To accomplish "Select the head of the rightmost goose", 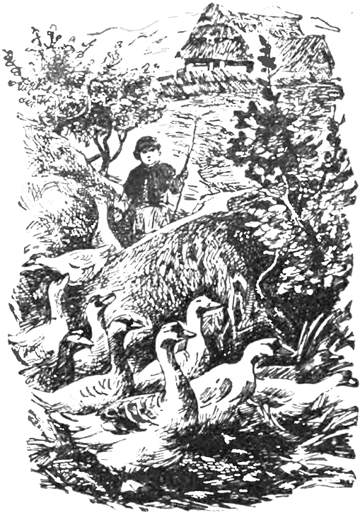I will (265, 350).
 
